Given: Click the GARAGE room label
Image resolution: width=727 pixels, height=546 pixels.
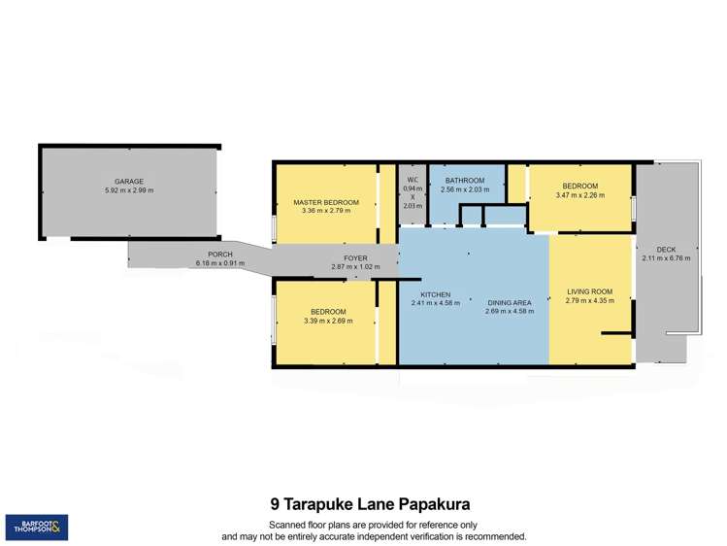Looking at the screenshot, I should pyautogui.click(x=129, y=182).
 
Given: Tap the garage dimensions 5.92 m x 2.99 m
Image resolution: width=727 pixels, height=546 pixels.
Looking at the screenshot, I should pyautogui.click(x=129, y=190).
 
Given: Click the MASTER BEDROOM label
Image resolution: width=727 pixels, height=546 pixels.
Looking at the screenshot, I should pyautogui.click(x=326, y=202).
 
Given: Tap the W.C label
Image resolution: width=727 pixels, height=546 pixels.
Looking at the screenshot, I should pyautogui.click(x=413, y=180).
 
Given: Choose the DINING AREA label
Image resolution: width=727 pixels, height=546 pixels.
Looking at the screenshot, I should pyautogui.click(x=510, y=303).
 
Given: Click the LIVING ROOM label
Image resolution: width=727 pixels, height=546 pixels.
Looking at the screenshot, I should pyautogui.click(x=589, y=291).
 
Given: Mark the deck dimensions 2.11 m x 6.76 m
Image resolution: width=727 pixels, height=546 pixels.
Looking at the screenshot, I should pyautogui.click(x=666, y=258).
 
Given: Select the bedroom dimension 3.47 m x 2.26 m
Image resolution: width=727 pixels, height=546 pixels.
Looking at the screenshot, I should pyautogui.click(x=579, y=195).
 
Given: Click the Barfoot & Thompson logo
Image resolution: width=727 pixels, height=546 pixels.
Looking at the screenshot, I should pyautogui.click(x=36, y=528).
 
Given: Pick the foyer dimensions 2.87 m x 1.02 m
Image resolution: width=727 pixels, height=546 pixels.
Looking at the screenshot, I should pyautogui.click(x=354, y=267).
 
